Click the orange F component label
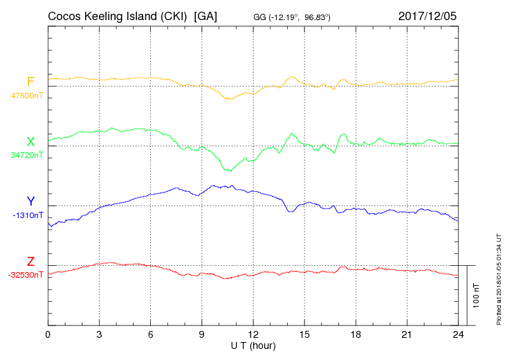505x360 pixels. pos(30,82)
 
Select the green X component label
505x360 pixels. pos(30,142)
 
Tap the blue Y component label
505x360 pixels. pos(30,201)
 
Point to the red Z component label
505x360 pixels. pos(30,262)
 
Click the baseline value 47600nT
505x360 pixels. pos(26,96)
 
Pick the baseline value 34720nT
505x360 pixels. pos(26,155)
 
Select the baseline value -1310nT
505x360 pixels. pos(28,215)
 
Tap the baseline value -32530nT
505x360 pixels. pos(26,275)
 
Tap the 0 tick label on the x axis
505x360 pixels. pos(48,334)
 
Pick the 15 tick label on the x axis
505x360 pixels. pos(304,334)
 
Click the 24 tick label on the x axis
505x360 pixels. pos(457,334)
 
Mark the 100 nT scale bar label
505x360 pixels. pos(477,296)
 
